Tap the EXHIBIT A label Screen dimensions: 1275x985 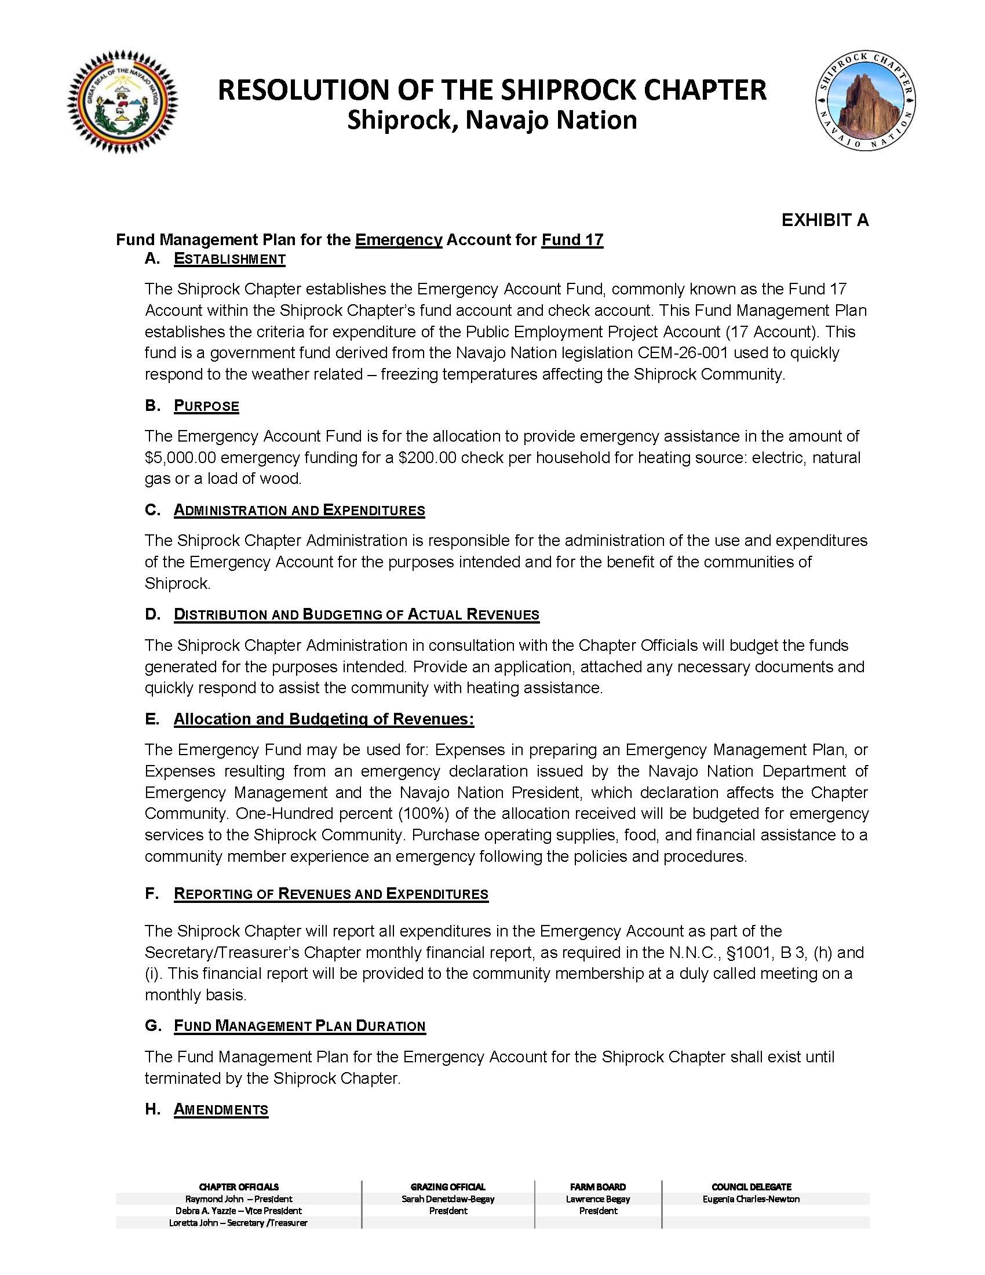pyautogui.click(x=825, y=220)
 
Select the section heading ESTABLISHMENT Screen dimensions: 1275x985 pyautogui.click(x=229, y=259)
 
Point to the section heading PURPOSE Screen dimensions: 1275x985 pyautogui.click(x=206, y=406)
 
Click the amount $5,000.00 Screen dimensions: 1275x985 pyautogui.click(x=180, y=457)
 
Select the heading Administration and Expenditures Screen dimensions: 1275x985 pyautogui.click(x=300, y=510)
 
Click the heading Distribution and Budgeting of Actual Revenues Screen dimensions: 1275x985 pyautogui.click(x=356, y=615)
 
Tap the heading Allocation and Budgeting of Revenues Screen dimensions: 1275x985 pyautogui.click(x=324, y=719)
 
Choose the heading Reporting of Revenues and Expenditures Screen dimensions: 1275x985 pyautogui.click(x=331, y=894)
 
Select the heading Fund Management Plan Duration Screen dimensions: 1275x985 pyautogui.click(x=300, y=1026)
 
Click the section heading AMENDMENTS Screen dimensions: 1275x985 pyautogui.click(x=221, y=1109)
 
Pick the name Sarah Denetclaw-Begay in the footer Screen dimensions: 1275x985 pyautogui.click(x=447, y=1198)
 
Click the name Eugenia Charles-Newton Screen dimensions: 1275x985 pyautogui.click(x=751, y=1198)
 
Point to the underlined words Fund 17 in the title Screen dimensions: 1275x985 pyautogui.click(x=572, y=240)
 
